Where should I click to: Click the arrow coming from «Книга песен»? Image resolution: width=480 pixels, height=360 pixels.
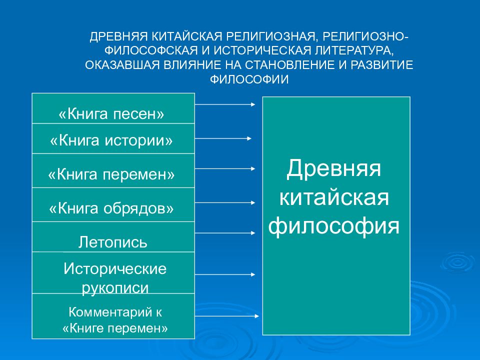click(225, 104)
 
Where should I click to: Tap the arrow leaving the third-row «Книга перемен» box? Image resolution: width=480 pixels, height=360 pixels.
click(225, 169)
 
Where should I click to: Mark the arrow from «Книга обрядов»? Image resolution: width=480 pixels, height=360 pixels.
click(225, 202)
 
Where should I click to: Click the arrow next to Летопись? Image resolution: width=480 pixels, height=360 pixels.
click(225, 232)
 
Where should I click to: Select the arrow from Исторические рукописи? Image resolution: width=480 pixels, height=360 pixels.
click(225, 274)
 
